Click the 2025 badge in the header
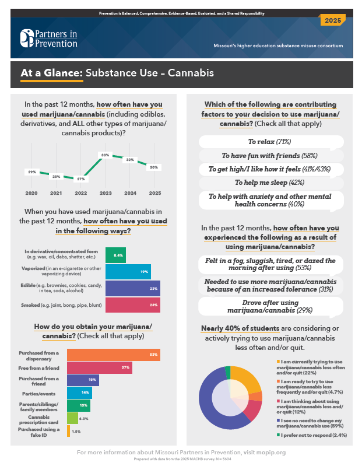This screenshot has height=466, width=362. pos(333,20)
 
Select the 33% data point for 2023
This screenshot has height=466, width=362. pos(106,155)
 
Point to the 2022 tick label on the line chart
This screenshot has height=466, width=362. pos(80,192)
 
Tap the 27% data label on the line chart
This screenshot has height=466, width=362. pos(81,179)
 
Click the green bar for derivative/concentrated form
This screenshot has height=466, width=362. pos(115,255)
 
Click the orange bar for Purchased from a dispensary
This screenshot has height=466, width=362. pos(114,355)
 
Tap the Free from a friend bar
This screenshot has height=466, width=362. pos(100,367)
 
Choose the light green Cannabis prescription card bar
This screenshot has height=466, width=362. pos(72,418)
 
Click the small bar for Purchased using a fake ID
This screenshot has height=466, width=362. pos(69,431)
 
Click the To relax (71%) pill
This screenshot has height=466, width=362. pos(269,142)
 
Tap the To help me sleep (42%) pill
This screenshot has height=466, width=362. pos(269,183)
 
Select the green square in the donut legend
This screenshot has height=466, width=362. pos(278,435)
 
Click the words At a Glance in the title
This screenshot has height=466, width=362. pos(51,73)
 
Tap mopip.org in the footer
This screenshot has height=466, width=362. pos(271,452)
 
